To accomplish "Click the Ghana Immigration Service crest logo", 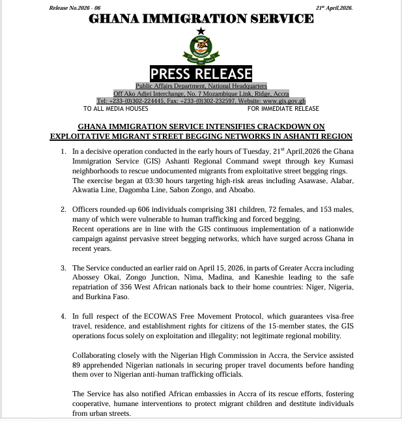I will (x=200, y=46).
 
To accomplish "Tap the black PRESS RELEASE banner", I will (x=201, y=73).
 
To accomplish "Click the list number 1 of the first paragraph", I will (x=63, y=152).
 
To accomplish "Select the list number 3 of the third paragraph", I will (x=63, y=268).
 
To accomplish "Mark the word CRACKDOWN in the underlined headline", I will (x=283, y=126).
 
